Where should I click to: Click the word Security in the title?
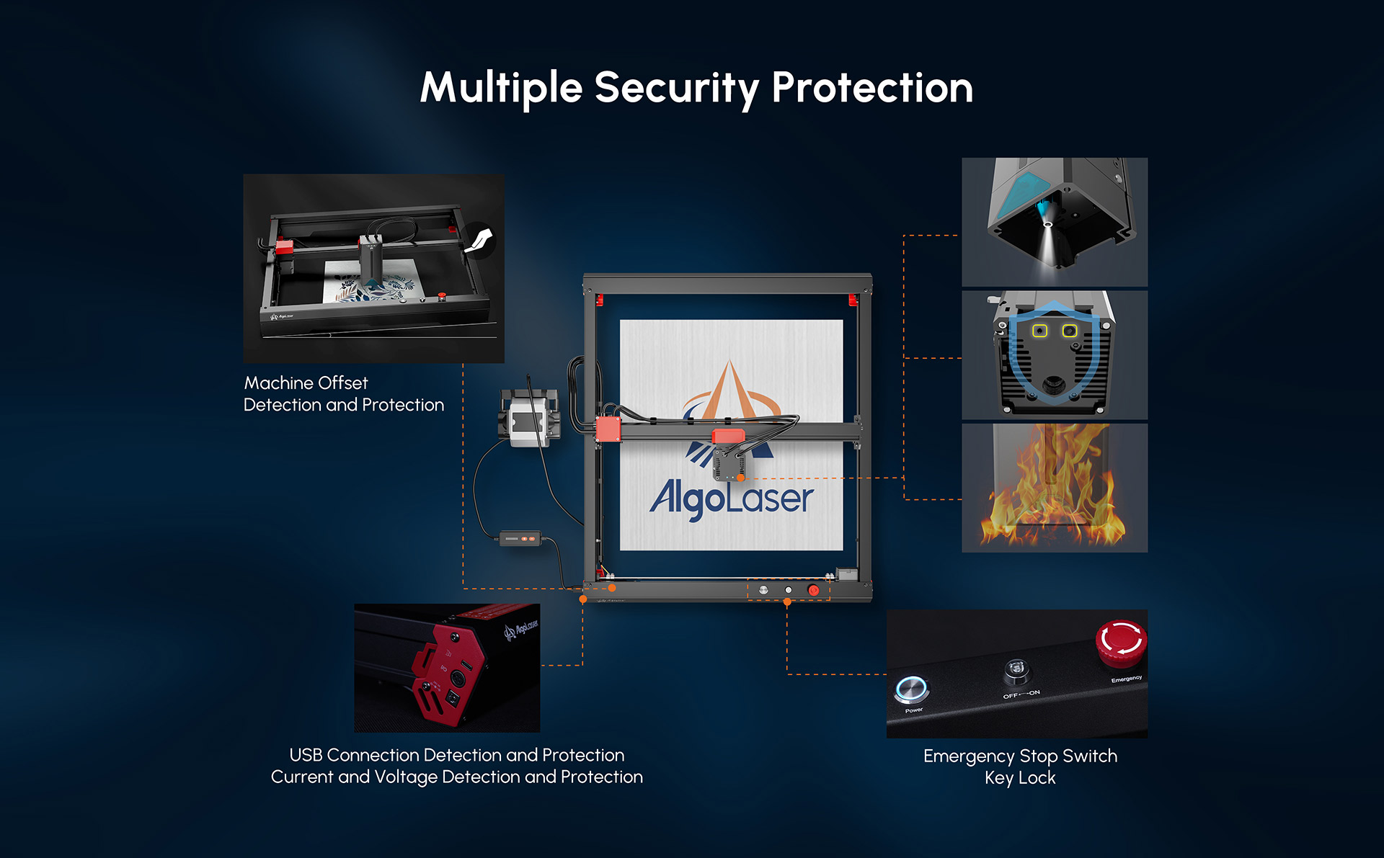click(676, 89)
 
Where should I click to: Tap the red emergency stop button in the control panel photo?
click(1121, 642)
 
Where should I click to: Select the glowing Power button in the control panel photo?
click(912, 689)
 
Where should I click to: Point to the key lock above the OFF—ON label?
click(1016, 671)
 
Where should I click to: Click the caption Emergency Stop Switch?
click(1020, 756)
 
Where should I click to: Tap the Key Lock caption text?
click(1020, 778)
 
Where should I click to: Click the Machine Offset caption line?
click(306, 383)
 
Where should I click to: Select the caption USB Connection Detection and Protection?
click(457, 754)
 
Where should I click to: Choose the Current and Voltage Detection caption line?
click(457, 777)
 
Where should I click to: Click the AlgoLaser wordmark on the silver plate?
click(731, 498)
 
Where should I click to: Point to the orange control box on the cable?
click(520, 538)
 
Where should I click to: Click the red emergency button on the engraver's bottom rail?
click(813, 590)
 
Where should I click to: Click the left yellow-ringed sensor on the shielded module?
click(1039, 331)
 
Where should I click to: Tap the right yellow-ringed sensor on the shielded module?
click(1070, 331)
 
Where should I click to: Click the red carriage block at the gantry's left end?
click(608, 429)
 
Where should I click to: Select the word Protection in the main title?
click(872, 89)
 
